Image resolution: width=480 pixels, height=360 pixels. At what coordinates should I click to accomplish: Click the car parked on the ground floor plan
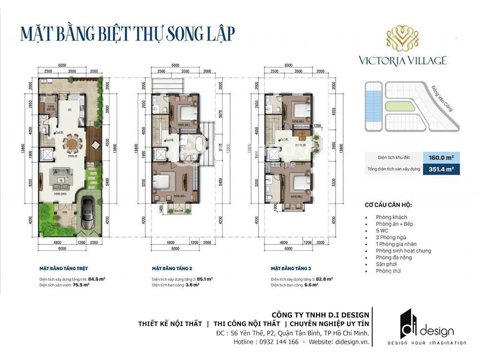click(89, 212)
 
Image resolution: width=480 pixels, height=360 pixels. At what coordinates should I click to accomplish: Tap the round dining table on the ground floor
click(72, 144)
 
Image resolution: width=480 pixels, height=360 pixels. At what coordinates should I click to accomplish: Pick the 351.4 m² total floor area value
click(438, 169)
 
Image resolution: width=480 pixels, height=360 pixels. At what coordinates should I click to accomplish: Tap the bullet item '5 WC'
click(382, 231)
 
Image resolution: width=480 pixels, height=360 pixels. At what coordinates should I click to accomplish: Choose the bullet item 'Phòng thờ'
click(388, 271)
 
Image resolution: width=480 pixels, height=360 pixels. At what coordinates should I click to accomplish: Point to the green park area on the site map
click(400, 106)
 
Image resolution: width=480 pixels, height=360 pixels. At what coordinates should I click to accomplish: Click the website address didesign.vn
click(353, 342)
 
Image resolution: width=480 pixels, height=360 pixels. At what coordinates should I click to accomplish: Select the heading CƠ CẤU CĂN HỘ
click(388, 205)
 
